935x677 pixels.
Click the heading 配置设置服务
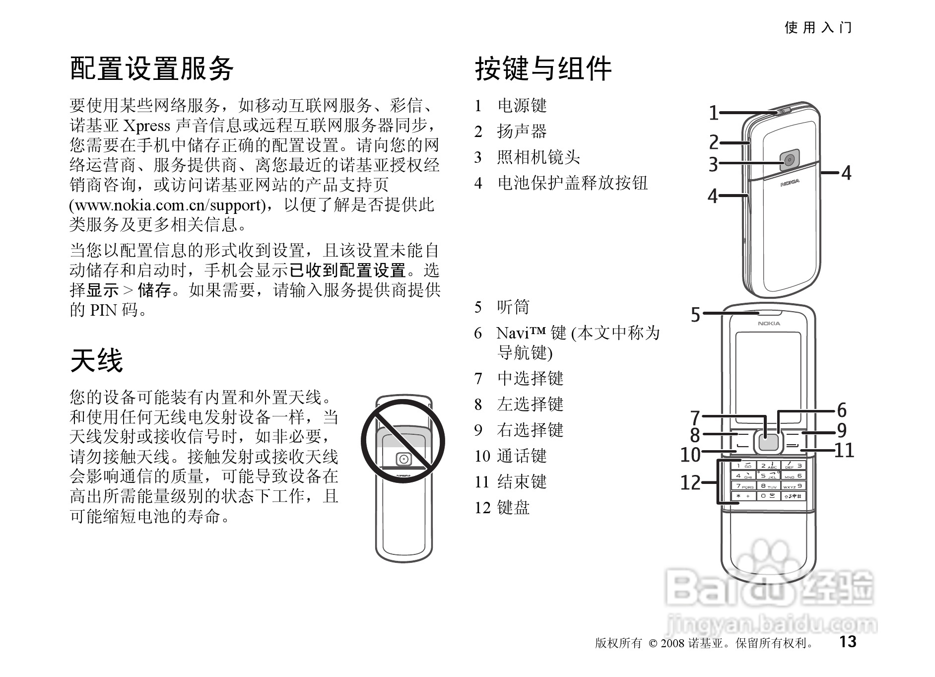click(x=151, y=68)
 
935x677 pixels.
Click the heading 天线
click(x=96, y=360)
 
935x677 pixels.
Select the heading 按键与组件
click(x=543, y=68)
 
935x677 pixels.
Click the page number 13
click(x=848, y=641)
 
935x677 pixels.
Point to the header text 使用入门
click(x=818, y=27)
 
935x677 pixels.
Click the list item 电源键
click(x=522, y=106)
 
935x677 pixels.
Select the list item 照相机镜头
click(x=538, y=157)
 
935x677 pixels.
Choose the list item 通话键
click(x=522, y=456)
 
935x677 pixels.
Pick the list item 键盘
click(x=513, y=507)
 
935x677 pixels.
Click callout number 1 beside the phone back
click(x=713, y=113)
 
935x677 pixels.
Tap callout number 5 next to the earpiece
click(x=695, y=315)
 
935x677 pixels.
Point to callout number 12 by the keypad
click(x=690, y=482)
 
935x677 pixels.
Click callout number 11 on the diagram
click(x=844, y=451)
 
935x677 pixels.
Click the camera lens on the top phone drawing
click(x=789, y=160)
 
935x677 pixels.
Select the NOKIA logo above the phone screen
click(x=769, y=324)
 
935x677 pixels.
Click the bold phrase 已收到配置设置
click(x=347, y=271)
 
